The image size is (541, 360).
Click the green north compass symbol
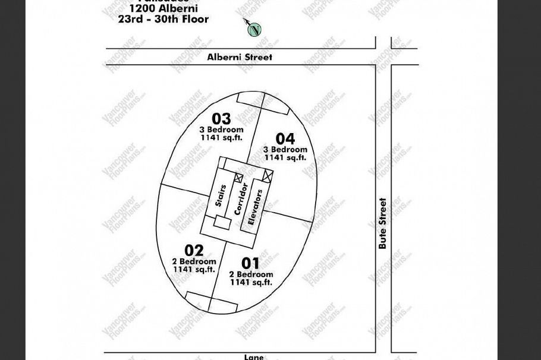(254, 30)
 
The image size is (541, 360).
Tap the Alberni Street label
(240, 57)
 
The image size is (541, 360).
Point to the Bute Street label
(383, 223)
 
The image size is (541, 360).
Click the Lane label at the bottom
(254, 356)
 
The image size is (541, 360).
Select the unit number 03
(221, 119)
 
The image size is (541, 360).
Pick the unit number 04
(285, 139)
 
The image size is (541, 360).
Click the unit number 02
(194, 251)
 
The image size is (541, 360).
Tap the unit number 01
(250, 263)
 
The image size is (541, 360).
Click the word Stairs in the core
(220, 196)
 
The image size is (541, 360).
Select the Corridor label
(241, 199)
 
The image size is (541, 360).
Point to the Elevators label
(255, 207)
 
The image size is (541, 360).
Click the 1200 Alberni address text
(163, 9)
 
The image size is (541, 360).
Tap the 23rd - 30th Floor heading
(163, 20)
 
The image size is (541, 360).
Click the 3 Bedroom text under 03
(221, 130)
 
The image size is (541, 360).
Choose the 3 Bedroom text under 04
(285, 150)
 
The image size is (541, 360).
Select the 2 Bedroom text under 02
(194, 261)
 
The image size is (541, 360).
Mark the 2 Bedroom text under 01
(250, 274)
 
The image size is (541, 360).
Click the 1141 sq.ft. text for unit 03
(221, 138)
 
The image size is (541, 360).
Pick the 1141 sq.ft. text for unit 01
(250, 283)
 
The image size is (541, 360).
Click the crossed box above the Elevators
(268, 176)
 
